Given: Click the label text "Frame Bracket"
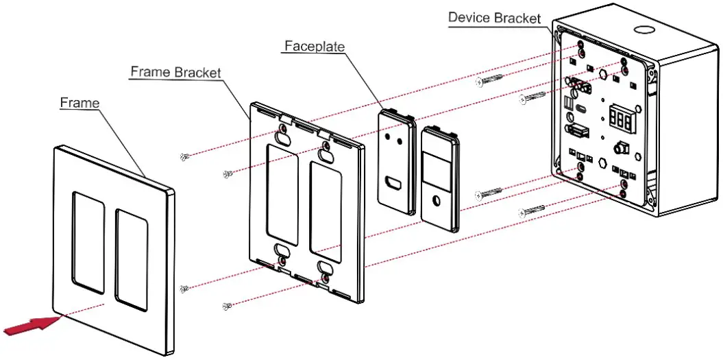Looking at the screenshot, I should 176,72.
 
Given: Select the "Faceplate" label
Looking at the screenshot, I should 315,46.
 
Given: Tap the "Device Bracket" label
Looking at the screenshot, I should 494,17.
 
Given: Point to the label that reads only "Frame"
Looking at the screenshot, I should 79,103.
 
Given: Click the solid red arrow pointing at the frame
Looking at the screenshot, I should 29,325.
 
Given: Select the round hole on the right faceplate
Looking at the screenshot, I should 437,201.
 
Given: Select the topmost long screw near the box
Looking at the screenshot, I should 490,80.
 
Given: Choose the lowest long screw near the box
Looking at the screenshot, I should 532,211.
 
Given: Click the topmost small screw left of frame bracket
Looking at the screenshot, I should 184,157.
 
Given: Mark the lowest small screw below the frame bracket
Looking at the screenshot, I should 227,305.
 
